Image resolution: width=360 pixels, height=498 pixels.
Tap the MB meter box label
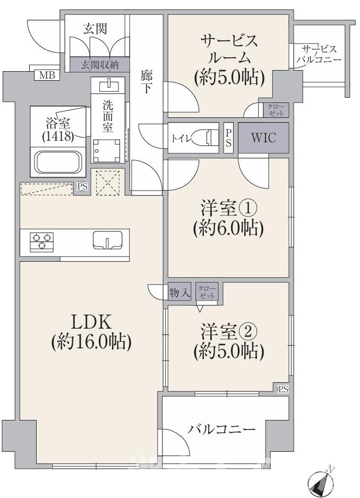pyautogui.click(x=47, y=75)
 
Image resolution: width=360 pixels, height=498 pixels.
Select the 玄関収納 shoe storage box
pyautogui.click(x=99, y=65)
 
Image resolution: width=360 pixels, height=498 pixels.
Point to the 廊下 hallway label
pyautogui.click(x=147, y=82)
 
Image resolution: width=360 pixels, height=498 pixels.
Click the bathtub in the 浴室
pyautogui.click(x=58, y=162)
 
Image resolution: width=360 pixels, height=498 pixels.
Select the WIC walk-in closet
pyautogui.click(x=264, y=138)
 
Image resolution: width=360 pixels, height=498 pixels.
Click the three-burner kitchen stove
pyautogui.click(x=41, y=242)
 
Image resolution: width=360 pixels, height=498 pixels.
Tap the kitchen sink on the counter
pyautogui.click(x=107, y=241)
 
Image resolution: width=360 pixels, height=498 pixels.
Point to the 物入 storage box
pyautogui.click(x=179, y=291)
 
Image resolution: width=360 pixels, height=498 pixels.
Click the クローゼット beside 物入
pyautogui.click(x=207, y=291)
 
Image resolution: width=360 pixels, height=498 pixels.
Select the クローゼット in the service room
pyautogui.click(x=276, y=110)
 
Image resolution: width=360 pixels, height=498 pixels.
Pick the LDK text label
pyautogui.click(x=91, y=322)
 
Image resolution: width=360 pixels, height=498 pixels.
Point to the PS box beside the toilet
pyautogui.click(x=228, y=138)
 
